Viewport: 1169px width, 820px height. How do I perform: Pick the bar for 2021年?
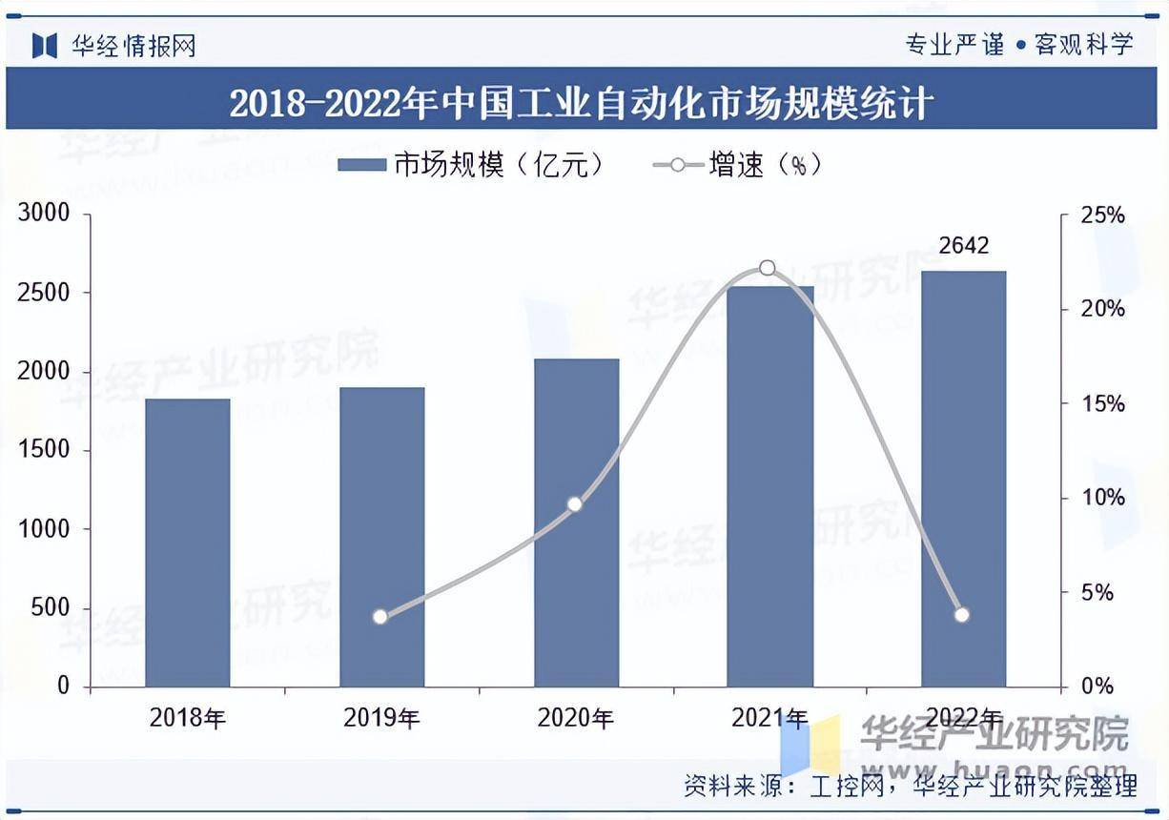[769, 486]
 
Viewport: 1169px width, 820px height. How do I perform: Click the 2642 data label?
[963, 246]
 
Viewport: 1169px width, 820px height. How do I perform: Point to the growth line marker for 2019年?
[380, 617]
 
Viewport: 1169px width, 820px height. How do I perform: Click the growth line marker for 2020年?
[574, 504]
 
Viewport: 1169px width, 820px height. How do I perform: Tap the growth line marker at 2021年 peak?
[768, 269]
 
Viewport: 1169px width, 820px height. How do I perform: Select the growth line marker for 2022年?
[961, 615]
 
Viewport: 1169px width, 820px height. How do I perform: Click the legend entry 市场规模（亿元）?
[472, 165]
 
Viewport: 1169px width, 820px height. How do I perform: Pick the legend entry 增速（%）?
[737, 165]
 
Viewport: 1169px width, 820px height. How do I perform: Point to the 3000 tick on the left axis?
[44, 214]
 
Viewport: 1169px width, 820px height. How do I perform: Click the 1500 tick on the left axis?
[44, 450]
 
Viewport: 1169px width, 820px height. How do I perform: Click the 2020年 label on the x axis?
[575, 718]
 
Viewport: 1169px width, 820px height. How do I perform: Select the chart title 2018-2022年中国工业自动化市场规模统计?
[582, 101]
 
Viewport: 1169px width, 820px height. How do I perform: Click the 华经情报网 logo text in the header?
[133, 45]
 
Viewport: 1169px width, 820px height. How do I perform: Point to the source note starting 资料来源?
[911, 787]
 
